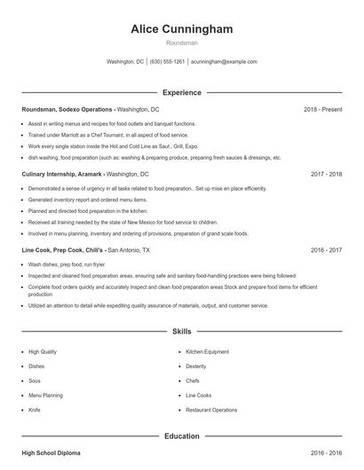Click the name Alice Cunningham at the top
181,29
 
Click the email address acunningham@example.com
224,62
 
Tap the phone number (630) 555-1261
167,62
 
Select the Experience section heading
181,92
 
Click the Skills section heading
181,332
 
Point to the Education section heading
181,435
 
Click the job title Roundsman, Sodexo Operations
67,109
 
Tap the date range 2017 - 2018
327,175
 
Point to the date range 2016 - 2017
327,251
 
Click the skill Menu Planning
46,395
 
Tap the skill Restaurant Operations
211,410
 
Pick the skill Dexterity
196,365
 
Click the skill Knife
35,410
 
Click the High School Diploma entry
51,453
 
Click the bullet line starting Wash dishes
67,264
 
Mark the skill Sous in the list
36,380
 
